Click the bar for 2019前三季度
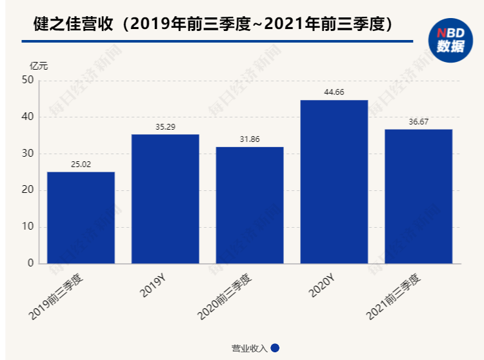[81, 217]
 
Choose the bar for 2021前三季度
[418, 196]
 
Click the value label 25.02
[81, 165]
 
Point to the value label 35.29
[165, 127]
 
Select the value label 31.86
[250, 139]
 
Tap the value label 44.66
[334, 92]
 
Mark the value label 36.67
[418, 122]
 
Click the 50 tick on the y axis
[27, 80]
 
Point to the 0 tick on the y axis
[30, 263]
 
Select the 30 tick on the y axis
[27, 154]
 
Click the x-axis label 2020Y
[321, 288]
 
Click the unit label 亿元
[39, 65]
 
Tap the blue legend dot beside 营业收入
[275, 348]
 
